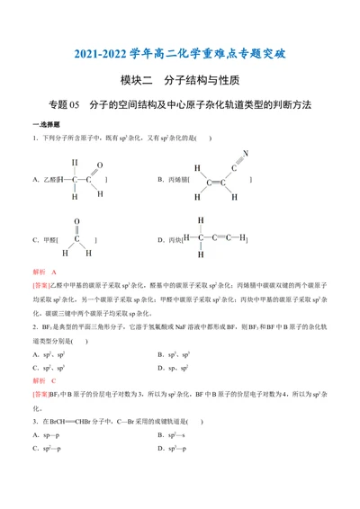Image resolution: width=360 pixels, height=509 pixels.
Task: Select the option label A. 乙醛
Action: click(x=43, y=180)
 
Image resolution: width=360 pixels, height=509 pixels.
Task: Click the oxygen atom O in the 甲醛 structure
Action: click(x=76, y=220)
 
